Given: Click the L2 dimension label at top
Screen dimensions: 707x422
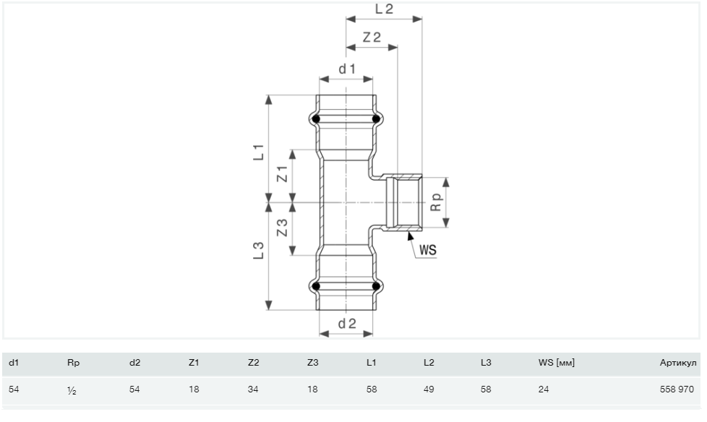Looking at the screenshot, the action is (x=384, y=9).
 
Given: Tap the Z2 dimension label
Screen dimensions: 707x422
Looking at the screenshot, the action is (x=372, y=37).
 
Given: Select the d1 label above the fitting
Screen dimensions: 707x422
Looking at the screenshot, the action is (x=347, y=69).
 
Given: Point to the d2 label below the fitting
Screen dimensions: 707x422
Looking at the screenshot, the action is (x=347, y=323).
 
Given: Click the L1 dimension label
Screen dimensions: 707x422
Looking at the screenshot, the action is (x=258, y=152).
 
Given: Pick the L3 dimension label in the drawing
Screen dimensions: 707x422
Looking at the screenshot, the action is (x=258, y=251).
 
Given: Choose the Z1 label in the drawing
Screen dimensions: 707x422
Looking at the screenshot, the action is (x=282, y=174).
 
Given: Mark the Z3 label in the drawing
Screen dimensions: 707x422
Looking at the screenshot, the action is (x=282, y=228).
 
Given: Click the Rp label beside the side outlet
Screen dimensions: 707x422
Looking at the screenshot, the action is (x=437, y=202).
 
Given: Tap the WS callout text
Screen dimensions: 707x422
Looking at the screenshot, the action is (x=428, y=250).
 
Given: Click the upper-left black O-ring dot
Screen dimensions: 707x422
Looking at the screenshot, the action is (x=316, y=119).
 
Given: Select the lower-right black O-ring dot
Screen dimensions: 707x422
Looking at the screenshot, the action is (x=376, y=286).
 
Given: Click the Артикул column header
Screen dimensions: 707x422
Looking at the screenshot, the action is (x=678, y=363).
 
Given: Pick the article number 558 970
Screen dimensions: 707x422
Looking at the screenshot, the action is (x=677, y=389).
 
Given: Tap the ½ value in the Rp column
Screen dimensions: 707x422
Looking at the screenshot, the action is (x=72, y=390).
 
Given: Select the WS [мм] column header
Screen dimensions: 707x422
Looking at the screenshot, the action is (x=557, y=363).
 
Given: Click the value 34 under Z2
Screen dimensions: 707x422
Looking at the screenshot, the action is (x=253, y=389).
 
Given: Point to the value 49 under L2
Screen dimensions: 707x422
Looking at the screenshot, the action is (x=429, y=389).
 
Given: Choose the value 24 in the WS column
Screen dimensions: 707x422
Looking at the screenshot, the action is (x=544, y=389).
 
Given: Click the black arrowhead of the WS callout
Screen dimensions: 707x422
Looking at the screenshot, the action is (x=411, y=236).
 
